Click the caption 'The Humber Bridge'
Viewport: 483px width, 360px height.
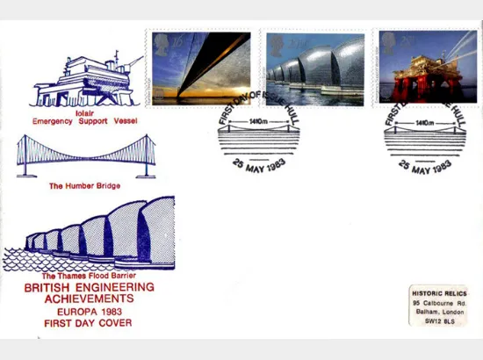tap(85, 187)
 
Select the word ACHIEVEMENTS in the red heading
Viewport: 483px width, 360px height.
tap(89, 299)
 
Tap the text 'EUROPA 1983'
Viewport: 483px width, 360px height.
tap(89, 311)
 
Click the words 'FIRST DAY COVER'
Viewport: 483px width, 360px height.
tap(88, 323)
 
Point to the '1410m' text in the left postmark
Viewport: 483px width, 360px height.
tap(260, 122)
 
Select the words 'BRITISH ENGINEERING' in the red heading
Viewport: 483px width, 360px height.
tap(89, 287)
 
